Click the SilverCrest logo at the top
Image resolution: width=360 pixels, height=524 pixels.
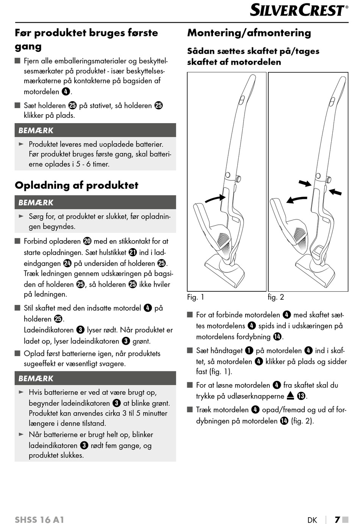[x=299, y=10]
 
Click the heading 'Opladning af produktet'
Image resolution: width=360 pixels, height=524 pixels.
[x=77, y=185]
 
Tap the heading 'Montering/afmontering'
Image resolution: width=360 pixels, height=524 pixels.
[x=249, y=33]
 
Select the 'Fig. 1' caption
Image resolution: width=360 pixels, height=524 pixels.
[x=196, y=297]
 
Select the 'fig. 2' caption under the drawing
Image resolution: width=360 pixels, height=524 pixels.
[x=276, y=297]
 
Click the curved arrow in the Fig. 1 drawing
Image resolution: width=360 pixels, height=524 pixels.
[x=214, y=198]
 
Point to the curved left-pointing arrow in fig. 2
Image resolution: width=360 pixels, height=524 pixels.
[x=296, y=199]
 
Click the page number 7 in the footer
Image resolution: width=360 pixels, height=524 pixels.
[x=337, y=519]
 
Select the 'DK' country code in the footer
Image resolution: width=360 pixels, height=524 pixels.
[x=312, y=520]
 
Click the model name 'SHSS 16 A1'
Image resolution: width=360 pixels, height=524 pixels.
[x=39, y=519]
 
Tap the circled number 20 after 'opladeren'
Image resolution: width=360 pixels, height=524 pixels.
[x=87, y=241]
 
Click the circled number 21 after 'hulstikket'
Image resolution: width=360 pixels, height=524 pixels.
[x=133, y=252]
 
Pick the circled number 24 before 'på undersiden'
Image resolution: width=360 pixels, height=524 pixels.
[x=67, y=263]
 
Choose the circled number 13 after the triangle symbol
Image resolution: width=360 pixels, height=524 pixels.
[x=301, y=396]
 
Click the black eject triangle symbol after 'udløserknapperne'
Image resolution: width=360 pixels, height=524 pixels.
[x=290, y=396]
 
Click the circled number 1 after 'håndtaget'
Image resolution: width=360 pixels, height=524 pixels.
[x=249, y=351]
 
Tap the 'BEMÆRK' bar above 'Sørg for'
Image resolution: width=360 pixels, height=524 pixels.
[x=95, y=202]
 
